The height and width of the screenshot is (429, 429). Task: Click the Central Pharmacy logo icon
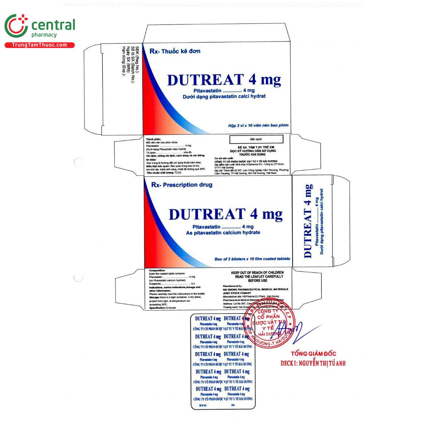[16, 26]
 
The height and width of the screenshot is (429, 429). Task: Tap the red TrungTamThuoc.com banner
[39, 45]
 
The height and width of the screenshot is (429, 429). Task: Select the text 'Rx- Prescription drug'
[182, 185]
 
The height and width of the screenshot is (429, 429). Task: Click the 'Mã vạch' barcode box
[256, 139]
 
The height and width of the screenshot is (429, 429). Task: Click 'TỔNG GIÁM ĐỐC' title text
[313, 354]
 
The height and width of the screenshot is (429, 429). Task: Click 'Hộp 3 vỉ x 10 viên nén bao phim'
[258, 125]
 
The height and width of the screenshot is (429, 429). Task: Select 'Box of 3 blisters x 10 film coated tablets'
[252, 259]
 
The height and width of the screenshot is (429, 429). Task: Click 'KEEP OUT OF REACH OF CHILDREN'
[257, 272]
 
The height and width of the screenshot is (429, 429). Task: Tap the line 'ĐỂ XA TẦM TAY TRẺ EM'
[256, 147]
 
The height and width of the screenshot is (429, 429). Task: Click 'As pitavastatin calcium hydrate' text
[218, 233]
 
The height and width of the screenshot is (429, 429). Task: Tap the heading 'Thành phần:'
[153, 139]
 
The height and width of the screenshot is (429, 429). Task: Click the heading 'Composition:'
[157, 271]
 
